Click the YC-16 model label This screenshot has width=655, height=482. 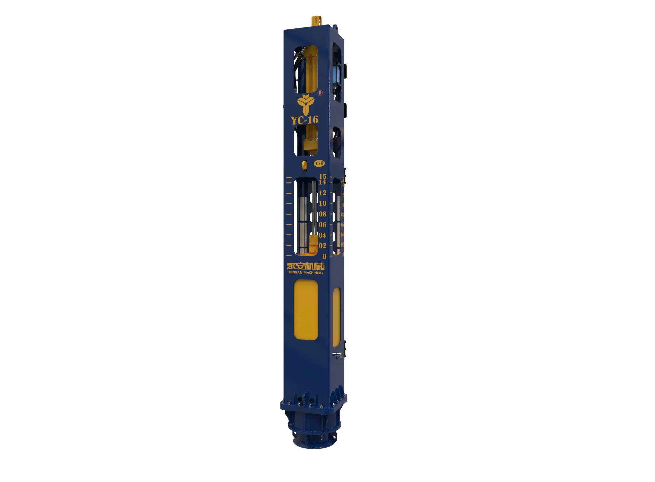305,120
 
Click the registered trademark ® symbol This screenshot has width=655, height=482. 320,93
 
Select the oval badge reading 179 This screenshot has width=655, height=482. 319,163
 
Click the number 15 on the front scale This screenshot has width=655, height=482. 323,176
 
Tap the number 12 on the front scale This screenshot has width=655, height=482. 323,193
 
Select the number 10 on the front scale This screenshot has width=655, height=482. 323,203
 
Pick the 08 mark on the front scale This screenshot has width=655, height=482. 323,214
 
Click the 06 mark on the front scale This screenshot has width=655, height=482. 323,225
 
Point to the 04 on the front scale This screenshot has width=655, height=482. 323,235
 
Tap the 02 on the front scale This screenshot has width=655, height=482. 323,246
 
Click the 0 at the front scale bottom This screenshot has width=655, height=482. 324,257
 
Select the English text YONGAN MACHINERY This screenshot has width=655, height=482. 305,273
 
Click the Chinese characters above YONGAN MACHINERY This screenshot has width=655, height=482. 305,266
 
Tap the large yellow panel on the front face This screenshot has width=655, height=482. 306,310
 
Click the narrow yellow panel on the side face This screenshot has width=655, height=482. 337,317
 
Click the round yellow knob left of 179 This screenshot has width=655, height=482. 305,165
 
